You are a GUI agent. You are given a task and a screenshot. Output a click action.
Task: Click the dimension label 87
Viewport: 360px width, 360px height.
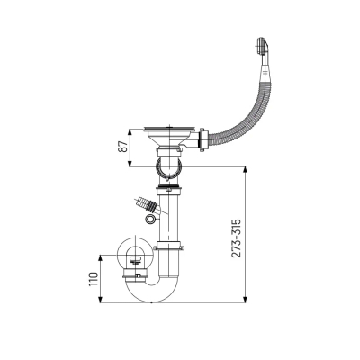pyautogui.click(x=123, y=147)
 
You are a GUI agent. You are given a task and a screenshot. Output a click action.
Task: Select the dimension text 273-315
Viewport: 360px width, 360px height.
pyautogui.click(x=236, y=238)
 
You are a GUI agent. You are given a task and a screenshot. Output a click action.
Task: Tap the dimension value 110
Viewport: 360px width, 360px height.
pyautogui.click(x=94, y=279)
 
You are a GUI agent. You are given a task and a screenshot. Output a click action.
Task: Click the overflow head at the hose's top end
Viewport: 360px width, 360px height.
pyautogui.click(x=262, y=46)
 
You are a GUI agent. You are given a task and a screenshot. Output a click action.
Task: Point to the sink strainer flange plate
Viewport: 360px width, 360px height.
pyautogui.click(x=170, y=129)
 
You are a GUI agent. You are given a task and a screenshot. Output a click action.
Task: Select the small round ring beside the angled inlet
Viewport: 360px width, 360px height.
pyautogui.click(x=149, y=219)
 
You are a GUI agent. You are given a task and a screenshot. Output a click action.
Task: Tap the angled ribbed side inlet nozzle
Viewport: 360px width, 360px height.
pyautogui.click(x=148, y=204)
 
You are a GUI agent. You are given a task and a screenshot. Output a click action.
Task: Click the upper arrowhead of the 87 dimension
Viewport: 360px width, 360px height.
pyautogui.click(x=130, y=132)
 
